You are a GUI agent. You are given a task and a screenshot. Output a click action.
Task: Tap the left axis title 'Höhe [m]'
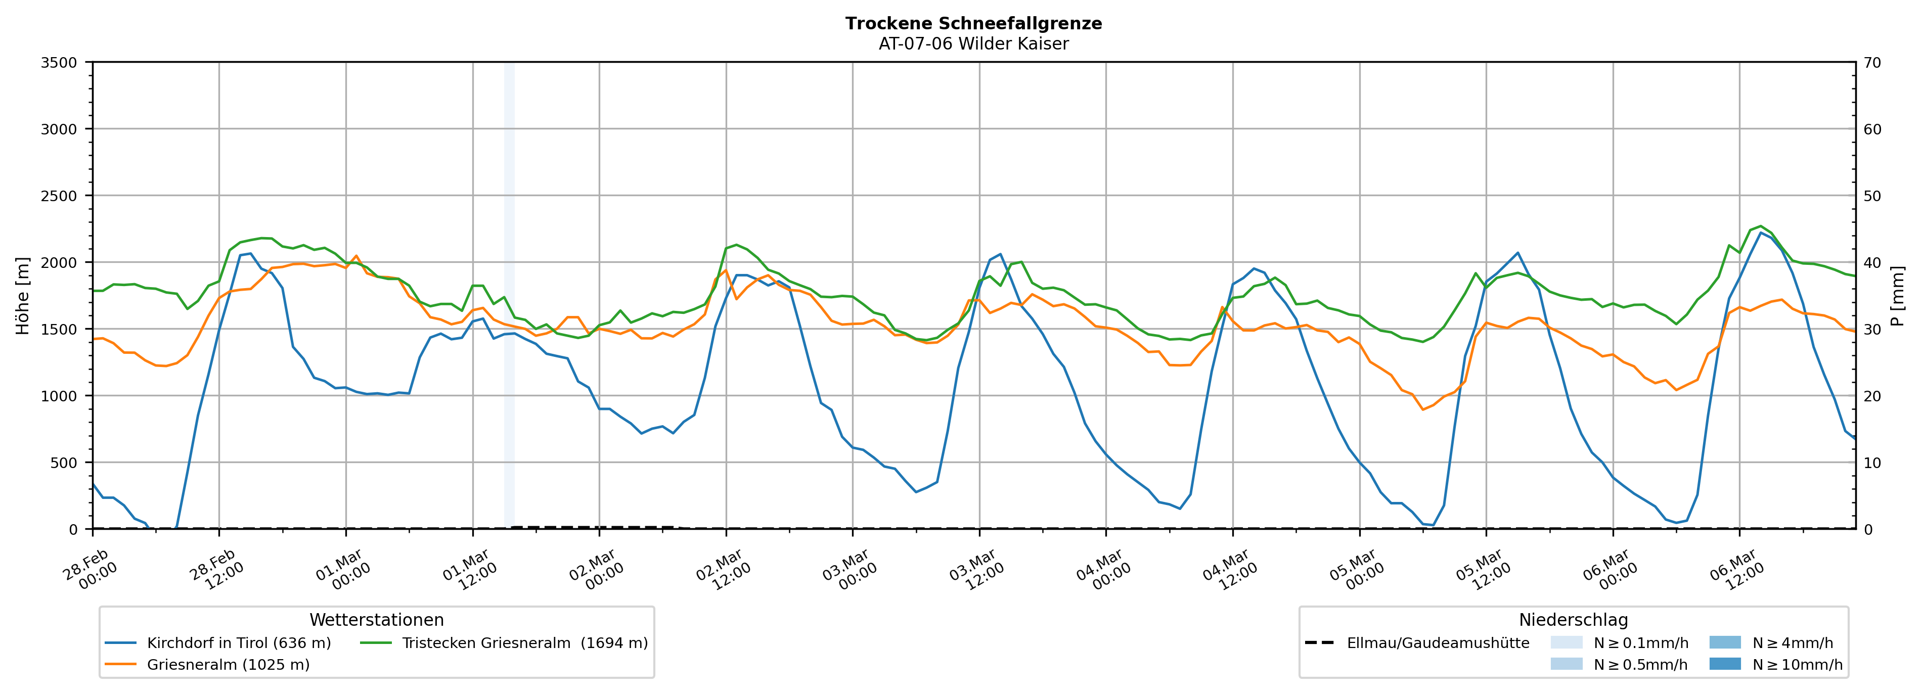point(22,295)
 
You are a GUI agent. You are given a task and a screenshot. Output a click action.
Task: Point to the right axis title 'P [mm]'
point(1897,295)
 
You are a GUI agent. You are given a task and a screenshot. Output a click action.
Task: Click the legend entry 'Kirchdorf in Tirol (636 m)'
point(239,643)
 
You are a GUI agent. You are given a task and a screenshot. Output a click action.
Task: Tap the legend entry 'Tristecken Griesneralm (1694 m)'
point(524,643)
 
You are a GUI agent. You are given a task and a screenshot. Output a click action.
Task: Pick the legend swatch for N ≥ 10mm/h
point(1725,664)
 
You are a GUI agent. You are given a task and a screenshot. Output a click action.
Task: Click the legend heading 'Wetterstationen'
point(376,620)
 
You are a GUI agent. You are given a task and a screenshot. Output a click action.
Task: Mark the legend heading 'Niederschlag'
point(1573,620)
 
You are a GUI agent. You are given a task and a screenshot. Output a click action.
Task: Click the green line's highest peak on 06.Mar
point(1760,226)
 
